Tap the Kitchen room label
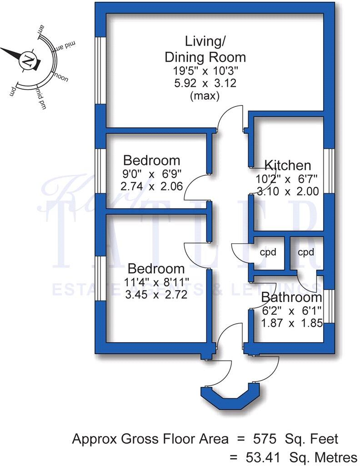tap(287, 165)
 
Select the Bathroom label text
tap(291, 298)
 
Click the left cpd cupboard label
tap(268, 252)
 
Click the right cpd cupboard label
tap(306, 252)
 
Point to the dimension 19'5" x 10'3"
tap(205, 71)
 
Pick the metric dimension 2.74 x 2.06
tap(151, 186)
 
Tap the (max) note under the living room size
tap(205, 96)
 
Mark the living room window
tap(100, 70)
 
